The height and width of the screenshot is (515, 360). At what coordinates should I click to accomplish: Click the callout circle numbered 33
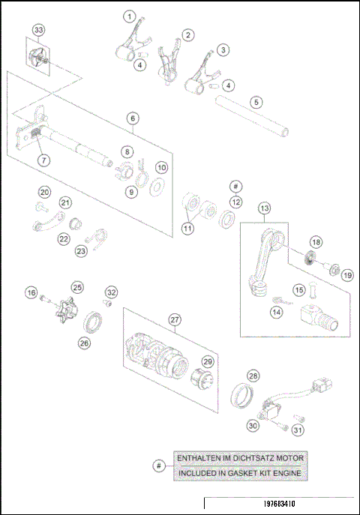pyautogui.click(x=38, y=31)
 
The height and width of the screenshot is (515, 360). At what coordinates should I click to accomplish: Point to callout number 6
pyautogui.click(x=132, y=118)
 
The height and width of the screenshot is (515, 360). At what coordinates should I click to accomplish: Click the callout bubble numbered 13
pyautogui.click(x=264, y=208)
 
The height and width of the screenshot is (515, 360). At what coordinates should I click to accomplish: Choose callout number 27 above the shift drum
pyautogui.click(x=175, y=319)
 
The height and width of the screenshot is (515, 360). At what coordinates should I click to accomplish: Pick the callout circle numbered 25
pyautogui.click(x=76, y=287)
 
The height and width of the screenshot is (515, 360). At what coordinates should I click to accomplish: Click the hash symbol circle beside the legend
pyautogui.click(x=157, y=466)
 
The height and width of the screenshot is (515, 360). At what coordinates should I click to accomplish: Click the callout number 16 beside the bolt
pyautogui.click(x=31, y=292)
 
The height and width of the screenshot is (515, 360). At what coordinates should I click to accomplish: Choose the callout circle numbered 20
pyautogui.click(x=44, y=193)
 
